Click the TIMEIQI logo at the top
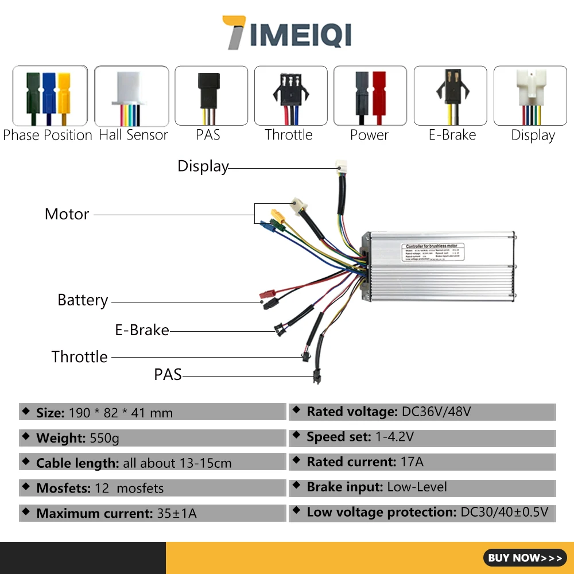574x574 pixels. [x=286, y=33]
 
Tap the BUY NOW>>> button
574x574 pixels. [x=525, y=557]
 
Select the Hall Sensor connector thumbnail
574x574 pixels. [x=131, y=96]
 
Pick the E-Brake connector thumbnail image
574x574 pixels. [x=450, y=96]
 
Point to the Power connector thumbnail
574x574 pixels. [x=370, y=96]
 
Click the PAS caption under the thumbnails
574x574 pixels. [x=208, y=135]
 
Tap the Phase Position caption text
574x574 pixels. [x=48, y=135]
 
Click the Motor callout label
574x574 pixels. [x=67, y=214]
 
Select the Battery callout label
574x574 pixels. [x=83, y=300]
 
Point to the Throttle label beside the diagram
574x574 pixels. [x=80, y=356]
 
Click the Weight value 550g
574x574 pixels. [x=104, y=439]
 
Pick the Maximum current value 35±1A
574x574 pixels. [x=177, y=513]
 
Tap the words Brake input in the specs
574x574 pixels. [x=344, y=487]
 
